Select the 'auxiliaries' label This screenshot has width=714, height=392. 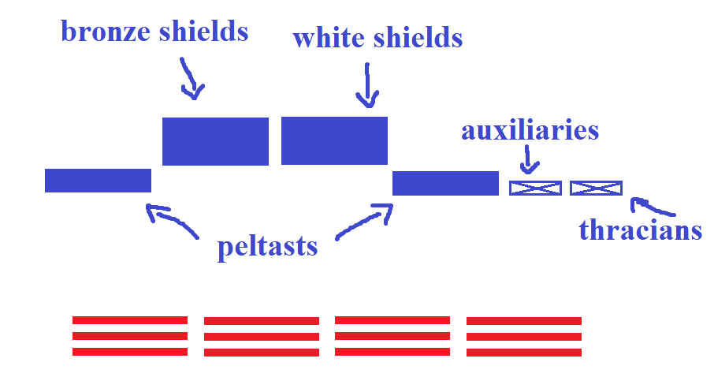coord(530,130)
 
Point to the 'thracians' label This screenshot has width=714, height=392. coord(640,230)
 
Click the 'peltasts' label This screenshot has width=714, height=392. coord(267,247)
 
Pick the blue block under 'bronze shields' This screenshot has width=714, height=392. coord(215,141)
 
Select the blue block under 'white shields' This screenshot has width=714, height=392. coord(334,140)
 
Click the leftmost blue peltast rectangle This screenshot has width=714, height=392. coord(98,181)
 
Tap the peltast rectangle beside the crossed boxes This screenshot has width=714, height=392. coord(445,183)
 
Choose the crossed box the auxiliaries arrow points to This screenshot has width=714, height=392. coord(535,188)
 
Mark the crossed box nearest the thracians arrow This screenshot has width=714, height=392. coord(596,188)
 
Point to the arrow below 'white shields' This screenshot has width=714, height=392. coord(367,86)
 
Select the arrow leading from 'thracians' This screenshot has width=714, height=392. coord(652,207)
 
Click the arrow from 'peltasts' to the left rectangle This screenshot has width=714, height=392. coord(171,219)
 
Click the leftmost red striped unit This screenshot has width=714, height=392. coord(130,335)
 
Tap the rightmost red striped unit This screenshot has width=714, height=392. coord(524,335)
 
